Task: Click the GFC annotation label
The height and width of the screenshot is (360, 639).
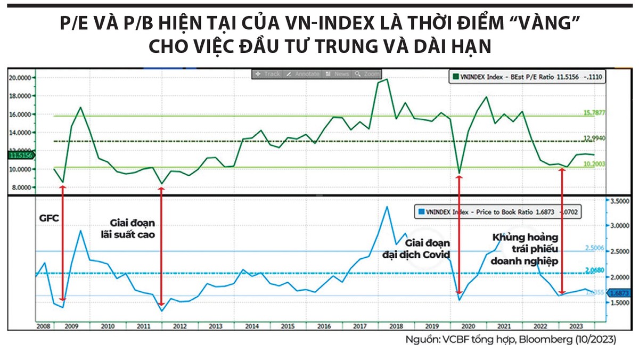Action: coord(48,218)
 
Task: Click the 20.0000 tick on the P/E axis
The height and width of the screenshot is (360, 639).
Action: coord(21,78)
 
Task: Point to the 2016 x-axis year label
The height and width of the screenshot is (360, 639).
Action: coord(323,325)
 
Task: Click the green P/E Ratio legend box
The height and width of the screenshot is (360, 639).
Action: coord(527,78)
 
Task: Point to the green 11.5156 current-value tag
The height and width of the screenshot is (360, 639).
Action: coord(21,156)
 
